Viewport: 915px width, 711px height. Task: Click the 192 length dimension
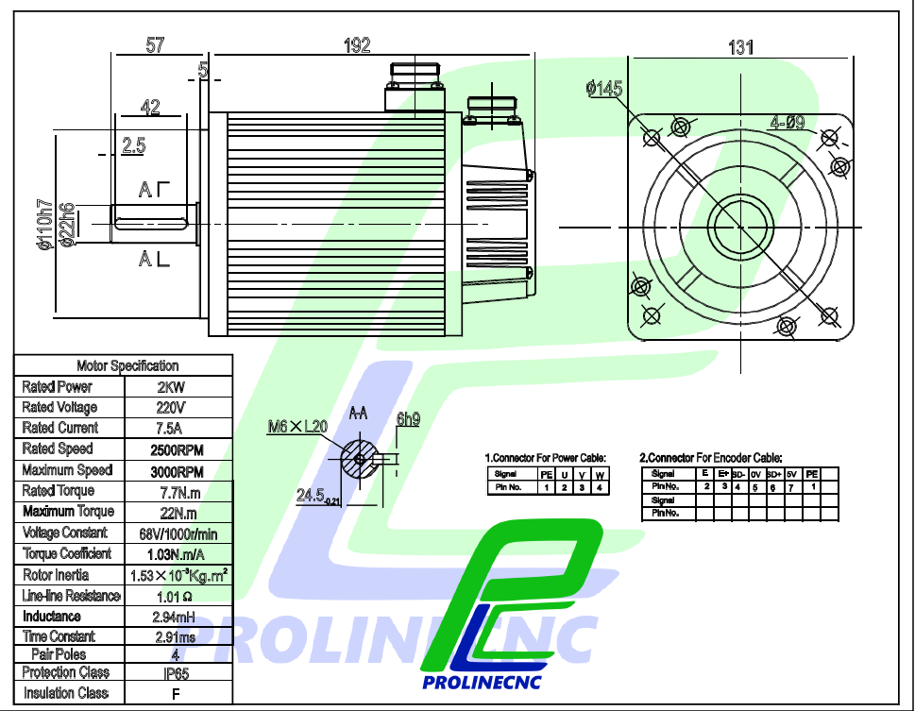tap(357, 44)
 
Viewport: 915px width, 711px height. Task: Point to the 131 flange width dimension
tap(740, 47)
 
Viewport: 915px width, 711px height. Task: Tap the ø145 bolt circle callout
tap(604, 89)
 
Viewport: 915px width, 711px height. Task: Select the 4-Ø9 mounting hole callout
tap(787, 123)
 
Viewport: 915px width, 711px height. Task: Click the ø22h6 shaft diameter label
tap(68, 226)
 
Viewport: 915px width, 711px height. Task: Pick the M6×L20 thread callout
tap(297, 427)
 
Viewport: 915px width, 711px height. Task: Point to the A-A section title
tap(359, 414)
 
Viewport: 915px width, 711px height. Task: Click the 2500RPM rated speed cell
tap(178, 449)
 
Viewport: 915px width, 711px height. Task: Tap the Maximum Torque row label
tap(68, 512)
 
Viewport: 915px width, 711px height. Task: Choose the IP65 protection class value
tap(177, 674)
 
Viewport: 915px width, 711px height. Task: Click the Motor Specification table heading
tap(127, 365)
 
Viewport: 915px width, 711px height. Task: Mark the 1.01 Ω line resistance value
tap(176, 597)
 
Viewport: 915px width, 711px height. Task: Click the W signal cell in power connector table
tap(600, 474)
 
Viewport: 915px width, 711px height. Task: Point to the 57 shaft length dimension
tap(157, 44)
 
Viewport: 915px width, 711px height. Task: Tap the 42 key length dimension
tap(150, 108)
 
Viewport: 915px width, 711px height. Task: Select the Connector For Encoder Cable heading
tap(711, 457)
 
